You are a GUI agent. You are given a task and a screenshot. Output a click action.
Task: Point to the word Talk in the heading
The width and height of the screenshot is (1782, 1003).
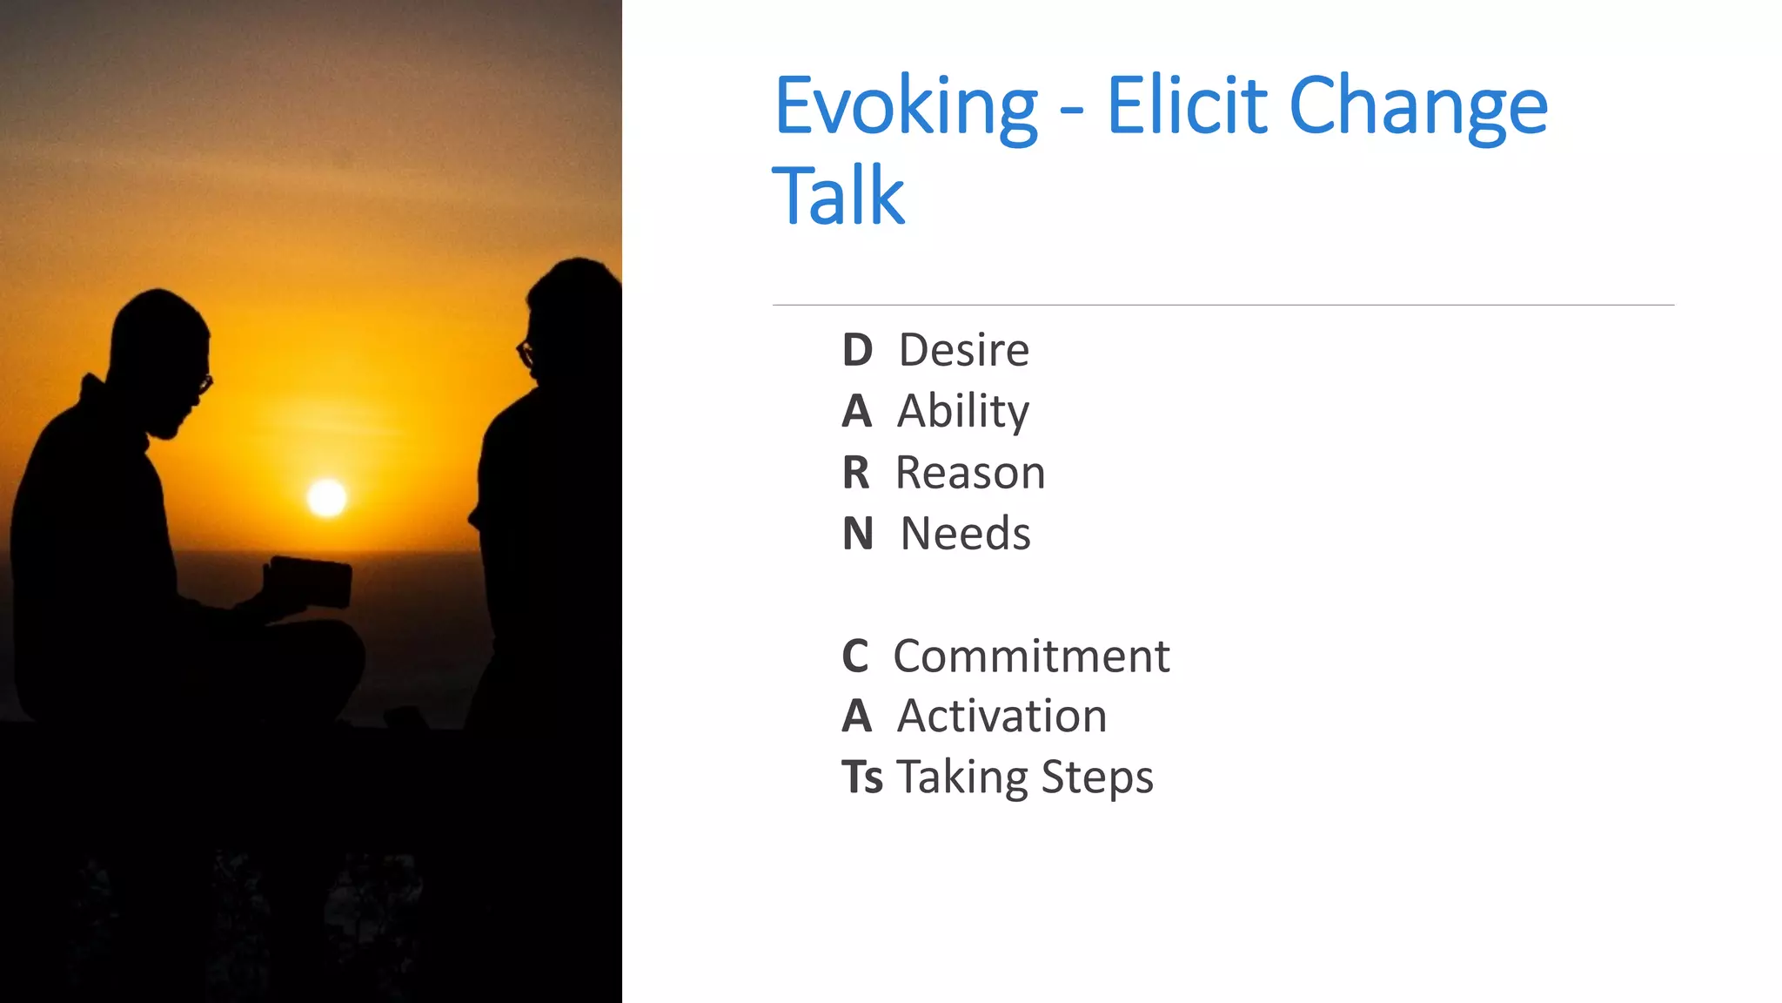click(838, 197)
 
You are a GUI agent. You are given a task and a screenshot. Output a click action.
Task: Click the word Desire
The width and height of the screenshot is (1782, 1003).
click(963, 350)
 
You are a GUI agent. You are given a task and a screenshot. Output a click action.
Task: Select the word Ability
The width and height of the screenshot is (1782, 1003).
click(962, 411)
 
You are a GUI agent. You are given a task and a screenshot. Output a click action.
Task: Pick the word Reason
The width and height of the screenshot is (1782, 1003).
click(969, 473)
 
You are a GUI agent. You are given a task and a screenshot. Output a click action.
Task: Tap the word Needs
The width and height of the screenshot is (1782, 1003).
click(965, 534)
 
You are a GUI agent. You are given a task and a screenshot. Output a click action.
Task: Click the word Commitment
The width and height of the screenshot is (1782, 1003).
click(1031, 656)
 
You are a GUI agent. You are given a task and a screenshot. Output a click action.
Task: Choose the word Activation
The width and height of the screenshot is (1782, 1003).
click(1002, 717)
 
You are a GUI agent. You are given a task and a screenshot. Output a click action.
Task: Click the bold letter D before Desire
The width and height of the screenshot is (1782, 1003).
click(857, 350)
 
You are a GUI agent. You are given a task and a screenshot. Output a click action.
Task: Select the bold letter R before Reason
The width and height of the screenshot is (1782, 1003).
click(856, 473)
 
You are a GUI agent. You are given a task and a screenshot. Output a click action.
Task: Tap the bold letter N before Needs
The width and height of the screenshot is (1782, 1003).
click(858, 534)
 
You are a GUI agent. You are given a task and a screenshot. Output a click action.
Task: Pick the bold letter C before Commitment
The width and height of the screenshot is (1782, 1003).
click(855, 656)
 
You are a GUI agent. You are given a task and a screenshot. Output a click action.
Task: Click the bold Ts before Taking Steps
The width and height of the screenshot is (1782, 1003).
click(862, 777)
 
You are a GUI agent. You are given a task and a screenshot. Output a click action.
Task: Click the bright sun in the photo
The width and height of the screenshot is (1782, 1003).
click(327, 498)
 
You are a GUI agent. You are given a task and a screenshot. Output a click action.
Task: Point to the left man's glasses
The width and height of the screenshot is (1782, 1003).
click(204, 383)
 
